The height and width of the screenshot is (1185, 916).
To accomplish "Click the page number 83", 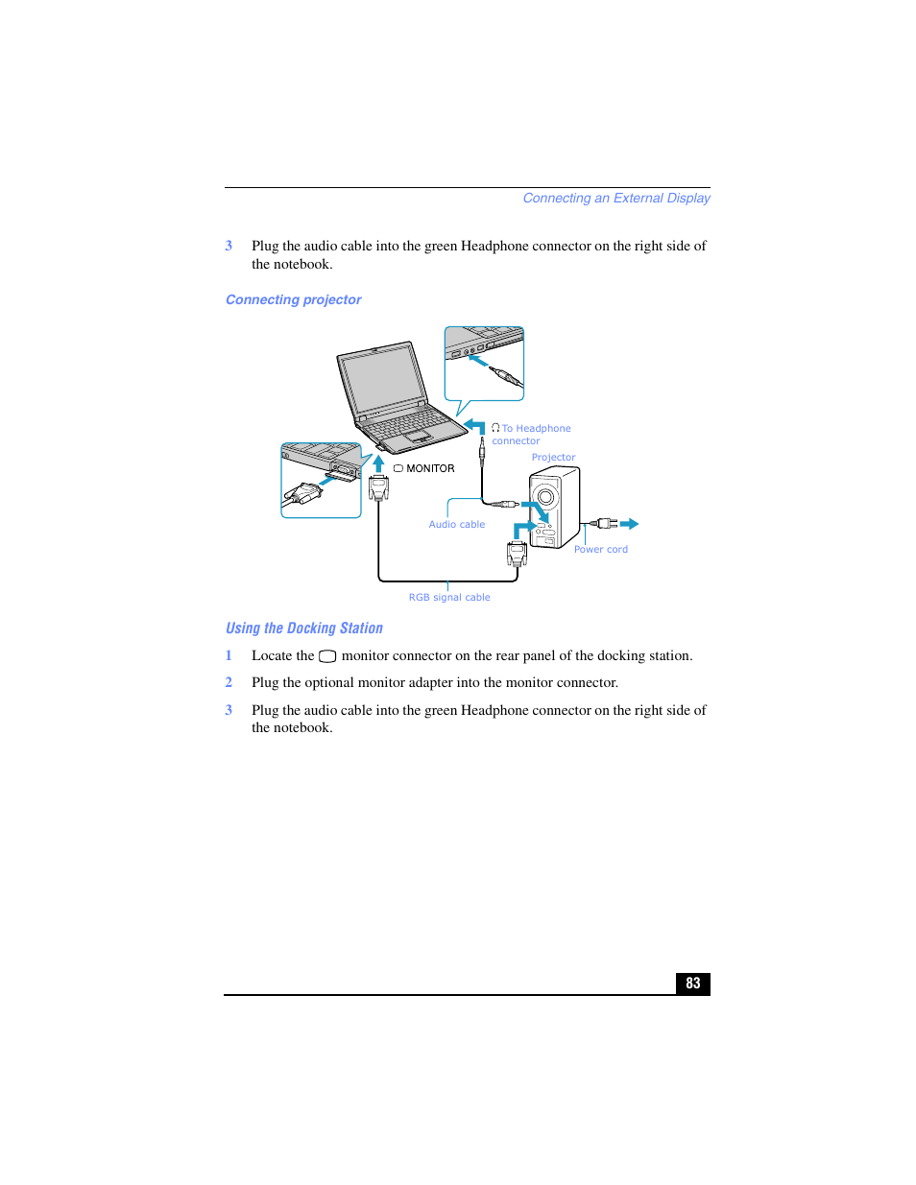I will point(692,984).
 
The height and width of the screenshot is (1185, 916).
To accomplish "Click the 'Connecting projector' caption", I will point(293,299).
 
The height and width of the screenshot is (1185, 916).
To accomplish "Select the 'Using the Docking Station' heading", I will point(303,628).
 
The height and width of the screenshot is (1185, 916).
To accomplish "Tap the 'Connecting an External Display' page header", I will point(615,198).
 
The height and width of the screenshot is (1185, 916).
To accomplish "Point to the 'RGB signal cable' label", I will point(448,597).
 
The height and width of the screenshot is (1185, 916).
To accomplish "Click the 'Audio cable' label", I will point(456,524).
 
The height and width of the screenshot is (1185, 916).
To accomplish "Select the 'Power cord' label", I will point(600,550).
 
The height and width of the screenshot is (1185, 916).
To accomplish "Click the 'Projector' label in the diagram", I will point(553,458).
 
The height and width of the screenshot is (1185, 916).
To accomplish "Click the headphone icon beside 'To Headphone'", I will point(495,428).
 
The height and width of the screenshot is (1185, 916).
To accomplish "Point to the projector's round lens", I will point(545,496).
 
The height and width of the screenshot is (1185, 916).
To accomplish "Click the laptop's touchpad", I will point(417,436).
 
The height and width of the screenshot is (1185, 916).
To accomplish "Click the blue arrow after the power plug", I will point(629,524).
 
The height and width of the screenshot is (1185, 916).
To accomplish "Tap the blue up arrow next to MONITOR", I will point(378,462).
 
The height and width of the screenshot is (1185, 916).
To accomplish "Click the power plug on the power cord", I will point(605,524).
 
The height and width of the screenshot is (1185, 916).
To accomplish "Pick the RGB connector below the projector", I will point(517,553).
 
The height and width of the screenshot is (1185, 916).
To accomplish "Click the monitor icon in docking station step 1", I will point(327,656).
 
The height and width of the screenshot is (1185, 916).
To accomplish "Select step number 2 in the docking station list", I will point(229,682).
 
